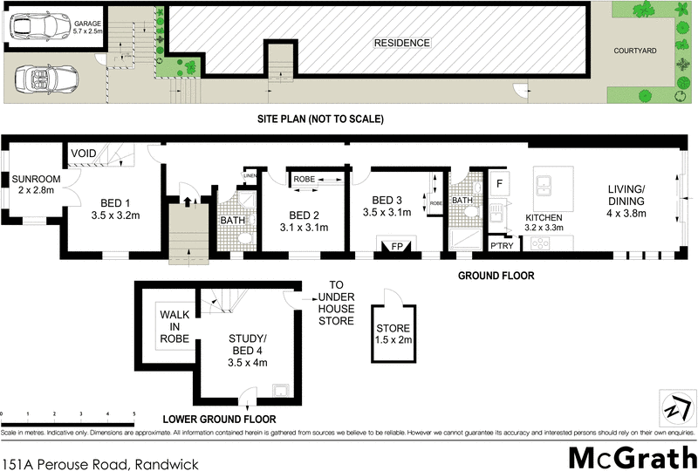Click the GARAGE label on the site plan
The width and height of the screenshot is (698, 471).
pyautogui.click(x=88, y=24)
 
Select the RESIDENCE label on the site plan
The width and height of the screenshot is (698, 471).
pyautogui.click(x=401, y=43)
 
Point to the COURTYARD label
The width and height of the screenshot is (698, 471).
pyautogui.click(x=633, y=51)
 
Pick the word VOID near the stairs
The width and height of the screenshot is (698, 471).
pyautogui.click(x=83, y=153)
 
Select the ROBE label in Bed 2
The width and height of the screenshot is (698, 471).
pyautogui.click(x=304, y=179)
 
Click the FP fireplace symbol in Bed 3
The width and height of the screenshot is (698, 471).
pyautogui.click(x=396, y=247)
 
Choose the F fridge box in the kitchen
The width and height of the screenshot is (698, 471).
pyautogui.click(x=500, y=185)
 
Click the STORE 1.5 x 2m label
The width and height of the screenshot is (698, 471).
pyautogui.click(x=393, y=334)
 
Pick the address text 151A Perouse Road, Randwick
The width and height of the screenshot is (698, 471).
pyautogui.click(x=100, y=461)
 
